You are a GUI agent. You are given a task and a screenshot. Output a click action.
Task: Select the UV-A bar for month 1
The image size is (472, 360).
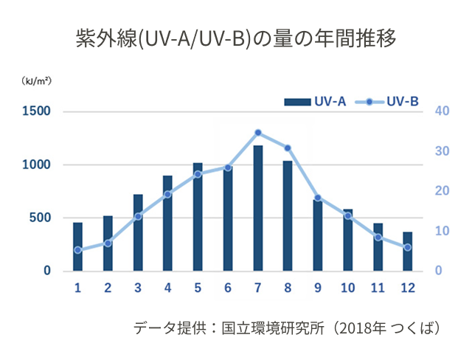pos(77,246)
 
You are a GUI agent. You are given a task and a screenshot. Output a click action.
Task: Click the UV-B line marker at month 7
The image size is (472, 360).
pos(258,133)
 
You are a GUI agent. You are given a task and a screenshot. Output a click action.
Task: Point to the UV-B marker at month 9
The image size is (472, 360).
pos(318,198)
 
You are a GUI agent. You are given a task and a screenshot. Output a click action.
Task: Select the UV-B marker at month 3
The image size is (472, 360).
pos(138,216)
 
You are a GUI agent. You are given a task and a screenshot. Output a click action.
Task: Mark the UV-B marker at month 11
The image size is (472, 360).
pos(378,237)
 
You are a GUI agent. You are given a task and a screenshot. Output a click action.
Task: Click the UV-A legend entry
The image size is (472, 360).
pos(316,102)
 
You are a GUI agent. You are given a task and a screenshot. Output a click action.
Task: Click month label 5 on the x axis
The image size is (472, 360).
pos(198,286)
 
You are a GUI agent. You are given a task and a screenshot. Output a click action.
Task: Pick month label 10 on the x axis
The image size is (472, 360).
pos(347,286)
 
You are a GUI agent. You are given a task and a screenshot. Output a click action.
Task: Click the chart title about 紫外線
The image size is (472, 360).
pos(236,39)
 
